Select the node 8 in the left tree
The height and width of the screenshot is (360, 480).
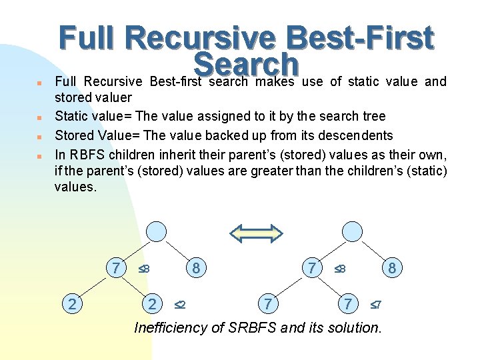[196, 268]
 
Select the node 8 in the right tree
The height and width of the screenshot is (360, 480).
[392, 268]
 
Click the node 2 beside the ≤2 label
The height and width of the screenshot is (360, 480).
[153, 304]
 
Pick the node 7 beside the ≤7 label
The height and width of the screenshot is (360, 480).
[347, 304]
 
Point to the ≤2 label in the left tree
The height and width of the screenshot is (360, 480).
[179, 305]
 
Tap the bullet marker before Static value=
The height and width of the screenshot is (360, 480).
[40, 117]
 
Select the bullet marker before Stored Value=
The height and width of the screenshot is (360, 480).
[40, 137]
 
